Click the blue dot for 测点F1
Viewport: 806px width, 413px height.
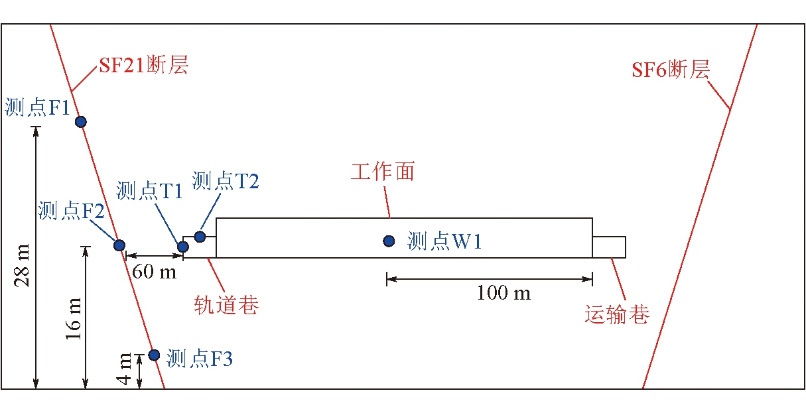[x=81, y=121]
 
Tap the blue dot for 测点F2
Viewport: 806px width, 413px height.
[x=119, y=245]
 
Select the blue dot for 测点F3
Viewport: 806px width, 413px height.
[x=154, y=355]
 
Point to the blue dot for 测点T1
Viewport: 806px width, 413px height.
[x=183, y=247]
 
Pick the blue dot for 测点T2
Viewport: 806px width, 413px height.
[x=200, y=237]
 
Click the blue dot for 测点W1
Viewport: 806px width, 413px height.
[x=389, y=241]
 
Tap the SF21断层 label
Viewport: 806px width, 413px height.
[x=143, y=66]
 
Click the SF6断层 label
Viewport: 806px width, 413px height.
[x=671, y=70]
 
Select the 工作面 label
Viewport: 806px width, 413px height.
[x=383, y=172]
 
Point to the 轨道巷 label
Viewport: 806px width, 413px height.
[x=226, y=306]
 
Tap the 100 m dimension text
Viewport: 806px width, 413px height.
[x=504, y=293]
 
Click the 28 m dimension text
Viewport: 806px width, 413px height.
[x=23, y=265]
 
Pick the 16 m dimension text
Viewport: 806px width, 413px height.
[x=74, y=316]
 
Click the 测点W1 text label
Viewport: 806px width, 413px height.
[x=444, y=241]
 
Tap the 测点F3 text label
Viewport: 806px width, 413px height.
[x=200, y=359]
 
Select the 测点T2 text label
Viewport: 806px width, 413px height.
[x=226, y=180]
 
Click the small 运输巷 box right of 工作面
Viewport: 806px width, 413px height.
[x=609, y=247]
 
